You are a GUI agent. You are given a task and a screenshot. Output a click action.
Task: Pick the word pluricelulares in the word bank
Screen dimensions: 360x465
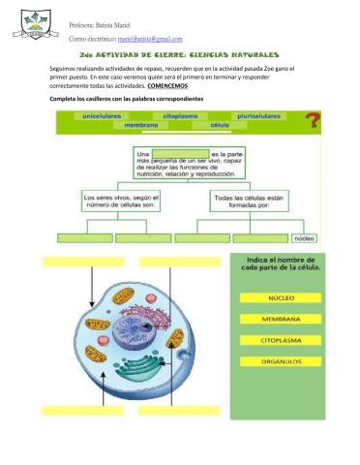pos(260,115)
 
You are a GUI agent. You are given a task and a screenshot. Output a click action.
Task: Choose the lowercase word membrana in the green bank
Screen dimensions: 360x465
pos(141,125)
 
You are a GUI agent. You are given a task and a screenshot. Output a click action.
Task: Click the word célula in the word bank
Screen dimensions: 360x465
pos(220,125)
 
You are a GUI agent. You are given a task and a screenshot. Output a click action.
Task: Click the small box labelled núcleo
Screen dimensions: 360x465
pos(304,237)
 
